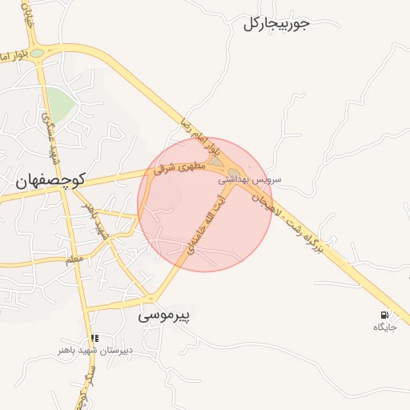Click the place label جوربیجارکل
275,23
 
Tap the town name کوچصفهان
50,181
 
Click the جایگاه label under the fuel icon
385,327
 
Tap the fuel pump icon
386,314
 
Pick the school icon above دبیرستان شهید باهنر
94,338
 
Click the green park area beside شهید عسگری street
57,102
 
